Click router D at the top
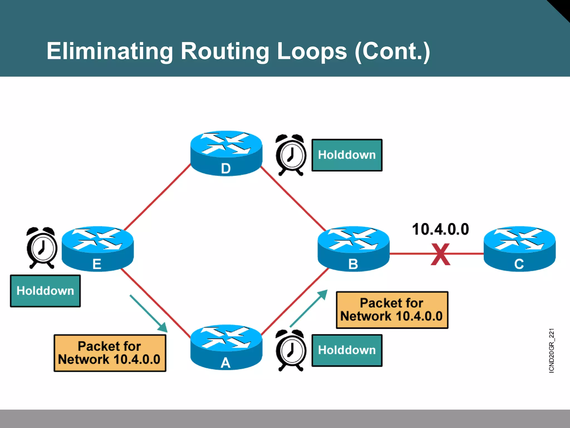226,153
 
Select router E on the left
97,249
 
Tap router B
353,249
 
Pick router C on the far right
519,249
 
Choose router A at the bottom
226,347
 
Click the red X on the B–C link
440,254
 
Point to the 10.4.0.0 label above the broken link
440,229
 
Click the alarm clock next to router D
291,155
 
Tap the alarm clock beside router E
42,248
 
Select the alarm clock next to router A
291,350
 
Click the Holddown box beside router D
347,155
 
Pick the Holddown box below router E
45,291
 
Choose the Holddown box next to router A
347,350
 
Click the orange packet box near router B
392,310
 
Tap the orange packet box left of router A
110,353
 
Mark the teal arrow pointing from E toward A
149,314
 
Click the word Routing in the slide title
225,51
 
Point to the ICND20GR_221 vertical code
551,351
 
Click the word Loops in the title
312,51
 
